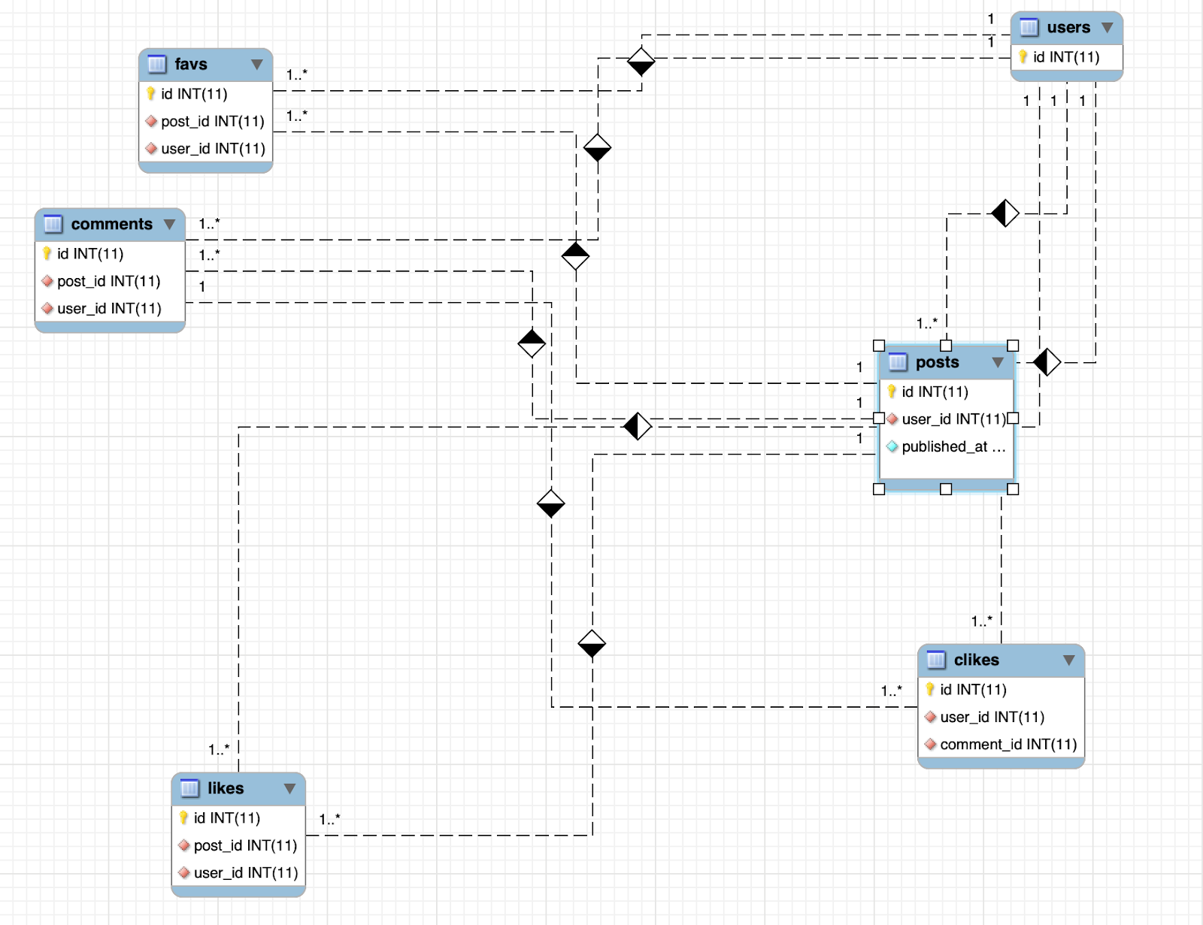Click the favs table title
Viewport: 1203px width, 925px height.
click(191, 65)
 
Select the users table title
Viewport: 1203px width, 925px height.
click(1068, 28)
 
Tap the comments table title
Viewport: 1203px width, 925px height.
click(111, 224)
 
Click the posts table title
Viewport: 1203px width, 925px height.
click(937, 362)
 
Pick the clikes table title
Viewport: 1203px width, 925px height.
click(976, 660)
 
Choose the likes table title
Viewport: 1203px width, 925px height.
click(226, 788)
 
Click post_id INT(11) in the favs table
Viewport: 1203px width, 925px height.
click(212, 121)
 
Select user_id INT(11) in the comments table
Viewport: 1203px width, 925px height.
click(109, 308)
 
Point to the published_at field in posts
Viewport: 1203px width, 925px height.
click(953, 446)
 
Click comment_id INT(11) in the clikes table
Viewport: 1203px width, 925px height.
click(1008, 744)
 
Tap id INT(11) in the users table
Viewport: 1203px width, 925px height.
click(1065, 57)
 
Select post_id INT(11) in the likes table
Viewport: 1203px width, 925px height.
click(245, 845)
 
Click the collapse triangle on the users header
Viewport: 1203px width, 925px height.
click(1107, 28)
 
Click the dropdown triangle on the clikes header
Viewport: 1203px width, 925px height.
click(1068, 660)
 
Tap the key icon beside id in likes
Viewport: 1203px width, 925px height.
click(183, 818)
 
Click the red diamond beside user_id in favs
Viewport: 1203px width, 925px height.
click(151, 148)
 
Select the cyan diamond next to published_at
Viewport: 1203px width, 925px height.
click(892, 446)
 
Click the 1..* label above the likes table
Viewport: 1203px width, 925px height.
click(219, 749)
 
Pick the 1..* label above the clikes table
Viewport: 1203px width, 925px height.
click(981, 621)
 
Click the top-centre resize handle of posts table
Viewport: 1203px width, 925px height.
click(946, 346)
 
